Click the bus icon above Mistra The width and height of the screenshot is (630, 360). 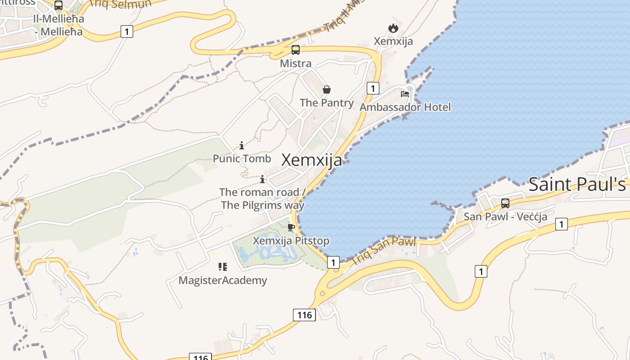click(296, 50)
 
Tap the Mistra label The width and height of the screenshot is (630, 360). click(296, 63)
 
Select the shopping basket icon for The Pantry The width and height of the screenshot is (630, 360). click(327, 90)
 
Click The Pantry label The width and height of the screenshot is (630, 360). click(327, 103)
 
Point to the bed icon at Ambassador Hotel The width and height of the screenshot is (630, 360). click(405, 94)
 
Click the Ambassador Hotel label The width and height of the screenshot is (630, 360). click(405, 107)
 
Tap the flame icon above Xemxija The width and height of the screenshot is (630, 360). click(393, 28)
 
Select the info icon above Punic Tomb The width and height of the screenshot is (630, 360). click(242, 145)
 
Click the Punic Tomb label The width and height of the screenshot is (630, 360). click(242, 158)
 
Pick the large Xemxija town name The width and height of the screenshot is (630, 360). click(311, 160)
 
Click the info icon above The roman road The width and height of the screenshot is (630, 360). click(262, 180)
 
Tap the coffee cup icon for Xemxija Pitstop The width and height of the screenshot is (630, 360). click(291, 227)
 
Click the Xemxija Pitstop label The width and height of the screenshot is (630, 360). click(291, 241)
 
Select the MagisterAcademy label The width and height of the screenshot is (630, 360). click(223, 280)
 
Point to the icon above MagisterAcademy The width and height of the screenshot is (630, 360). click(223, 267)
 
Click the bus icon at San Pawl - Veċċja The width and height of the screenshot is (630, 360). click(505, 203)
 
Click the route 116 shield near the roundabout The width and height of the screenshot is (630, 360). click(305, 315)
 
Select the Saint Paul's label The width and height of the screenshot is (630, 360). click(577, 184)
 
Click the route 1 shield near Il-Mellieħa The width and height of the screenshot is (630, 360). click(127, 31)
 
